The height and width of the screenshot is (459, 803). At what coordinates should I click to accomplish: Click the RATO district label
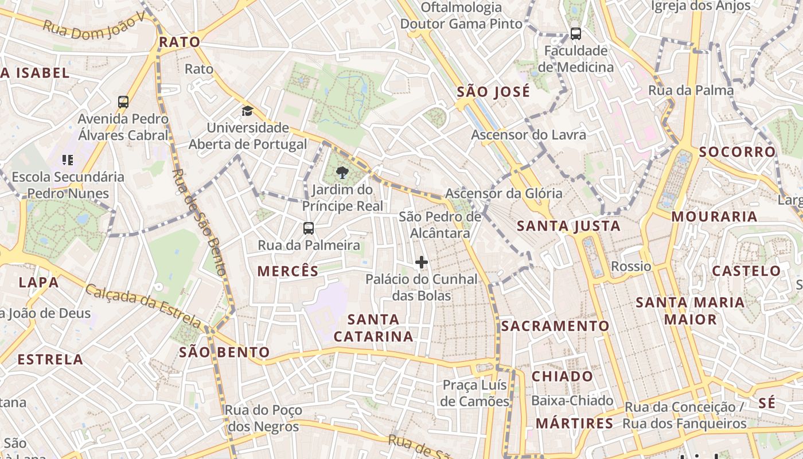coord(179,42)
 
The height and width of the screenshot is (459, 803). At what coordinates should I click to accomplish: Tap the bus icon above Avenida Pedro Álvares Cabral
coord(123,102)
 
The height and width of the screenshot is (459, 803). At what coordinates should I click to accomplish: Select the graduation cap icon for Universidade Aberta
coord(247,111)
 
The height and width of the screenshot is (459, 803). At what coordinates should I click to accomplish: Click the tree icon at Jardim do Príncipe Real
coord(342,173)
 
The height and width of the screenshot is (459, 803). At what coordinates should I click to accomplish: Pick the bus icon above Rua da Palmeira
coord(309,228)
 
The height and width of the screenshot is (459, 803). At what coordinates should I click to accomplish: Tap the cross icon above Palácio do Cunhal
coord(422,262)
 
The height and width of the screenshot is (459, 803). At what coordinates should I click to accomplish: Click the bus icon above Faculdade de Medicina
coord(575,34)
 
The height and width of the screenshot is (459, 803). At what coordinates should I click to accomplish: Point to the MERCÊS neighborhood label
coord(288,271)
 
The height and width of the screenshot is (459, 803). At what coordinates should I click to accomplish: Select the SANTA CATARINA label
coord(373,328)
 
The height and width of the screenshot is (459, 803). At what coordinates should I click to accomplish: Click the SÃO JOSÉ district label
coord(493,92)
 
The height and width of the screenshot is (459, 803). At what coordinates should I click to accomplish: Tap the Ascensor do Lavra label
coord(528,135)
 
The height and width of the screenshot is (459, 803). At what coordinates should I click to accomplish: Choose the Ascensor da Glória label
coord(504,193)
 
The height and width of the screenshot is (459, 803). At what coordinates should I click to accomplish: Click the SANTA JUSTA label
coord(568,226)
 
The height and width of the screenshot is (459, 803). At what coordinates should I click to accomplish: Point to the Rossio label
coord(631,266)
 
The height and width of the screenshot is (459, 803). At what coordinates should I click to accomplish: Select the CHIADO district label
coord(562,376)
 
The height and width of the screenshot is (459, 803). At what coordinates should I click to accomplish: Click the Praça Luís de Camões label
coord(475,393)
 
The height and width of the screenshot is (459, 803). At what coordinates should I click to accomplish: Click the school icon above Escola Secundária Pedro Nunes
coord(68,160)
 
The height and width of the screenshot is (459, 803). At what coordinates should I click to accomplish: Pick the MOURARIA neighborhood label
coord(714,217)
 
